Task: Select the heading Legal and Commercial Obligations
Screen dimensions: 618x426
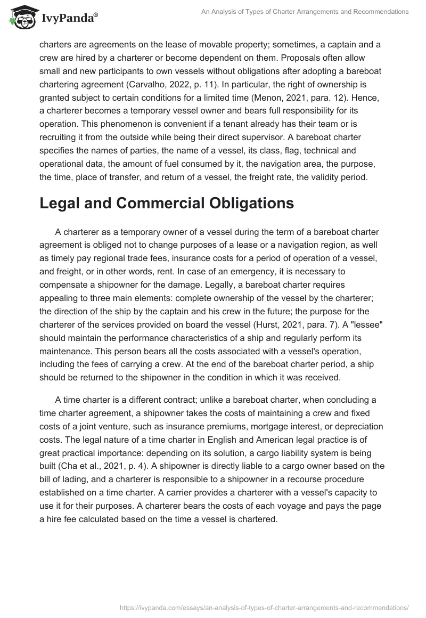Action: coord(166,204)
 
